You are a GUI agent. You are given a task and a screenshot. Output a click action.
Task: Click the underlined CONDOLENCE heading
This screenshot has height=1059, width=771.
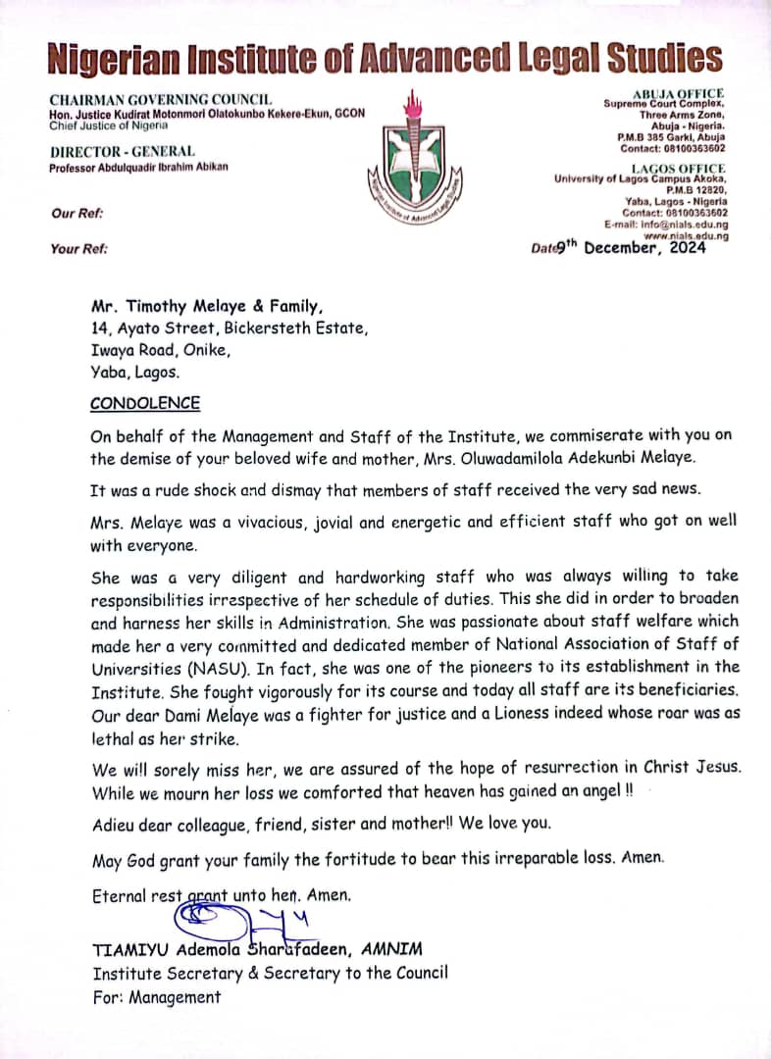click(x=145, y=403)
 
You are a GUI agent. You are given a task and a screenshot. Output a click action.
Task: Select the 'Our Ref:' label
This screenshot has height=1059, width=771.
click(x=77, y=213)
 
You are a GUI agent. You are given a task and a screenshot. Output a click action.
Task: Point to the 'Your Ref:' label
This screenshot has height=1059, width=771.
click(x=79, y=249)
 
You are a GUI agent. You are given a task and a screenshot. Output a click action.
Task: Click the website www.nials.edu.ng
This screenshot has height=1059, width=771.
click(x=686, y=236)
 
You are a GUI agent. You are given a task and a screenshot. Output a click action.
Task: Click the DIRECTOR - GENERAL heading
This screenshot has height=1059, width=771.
click(x=123, y=151)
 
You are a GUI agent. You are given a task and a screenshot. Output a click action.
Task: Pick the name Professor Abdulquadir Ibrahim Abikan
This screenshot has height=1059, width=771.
click(x=138, y=167)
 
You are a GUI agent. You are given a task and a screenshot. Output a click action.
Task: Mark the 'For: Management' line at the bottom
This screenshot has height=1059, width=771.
click(x=157, y=997)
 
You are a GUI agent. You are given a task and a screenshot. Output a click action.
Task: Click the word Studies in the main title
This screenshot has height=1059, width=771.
click(x=664, y=59)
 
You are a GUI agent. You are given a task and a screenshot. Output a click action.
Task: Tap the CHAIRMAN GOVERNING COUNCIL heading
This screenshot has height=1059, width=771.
click(x=161, y=99)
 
